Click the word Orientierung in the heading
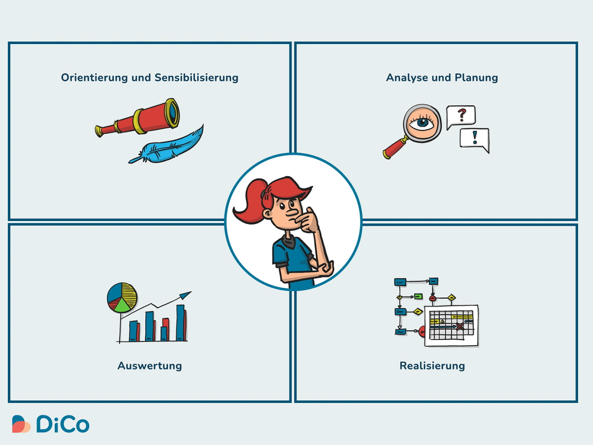[94, 78]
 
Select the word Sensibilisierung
[196, 78]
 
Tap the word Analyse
[407, 78]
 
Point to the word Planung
[476, 78]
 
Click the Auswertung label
[150, 366]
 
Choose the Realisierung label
[432, 366]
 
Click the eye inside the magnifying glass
[422, 123]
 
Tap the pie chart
[122, 298]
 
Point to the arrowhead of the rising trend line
[186, 295]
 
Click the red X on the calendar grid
[460, 326]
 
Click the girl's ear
[268, 214]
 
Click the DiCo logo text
[63, 424]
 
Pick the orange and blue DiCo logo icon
[21, 424]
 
